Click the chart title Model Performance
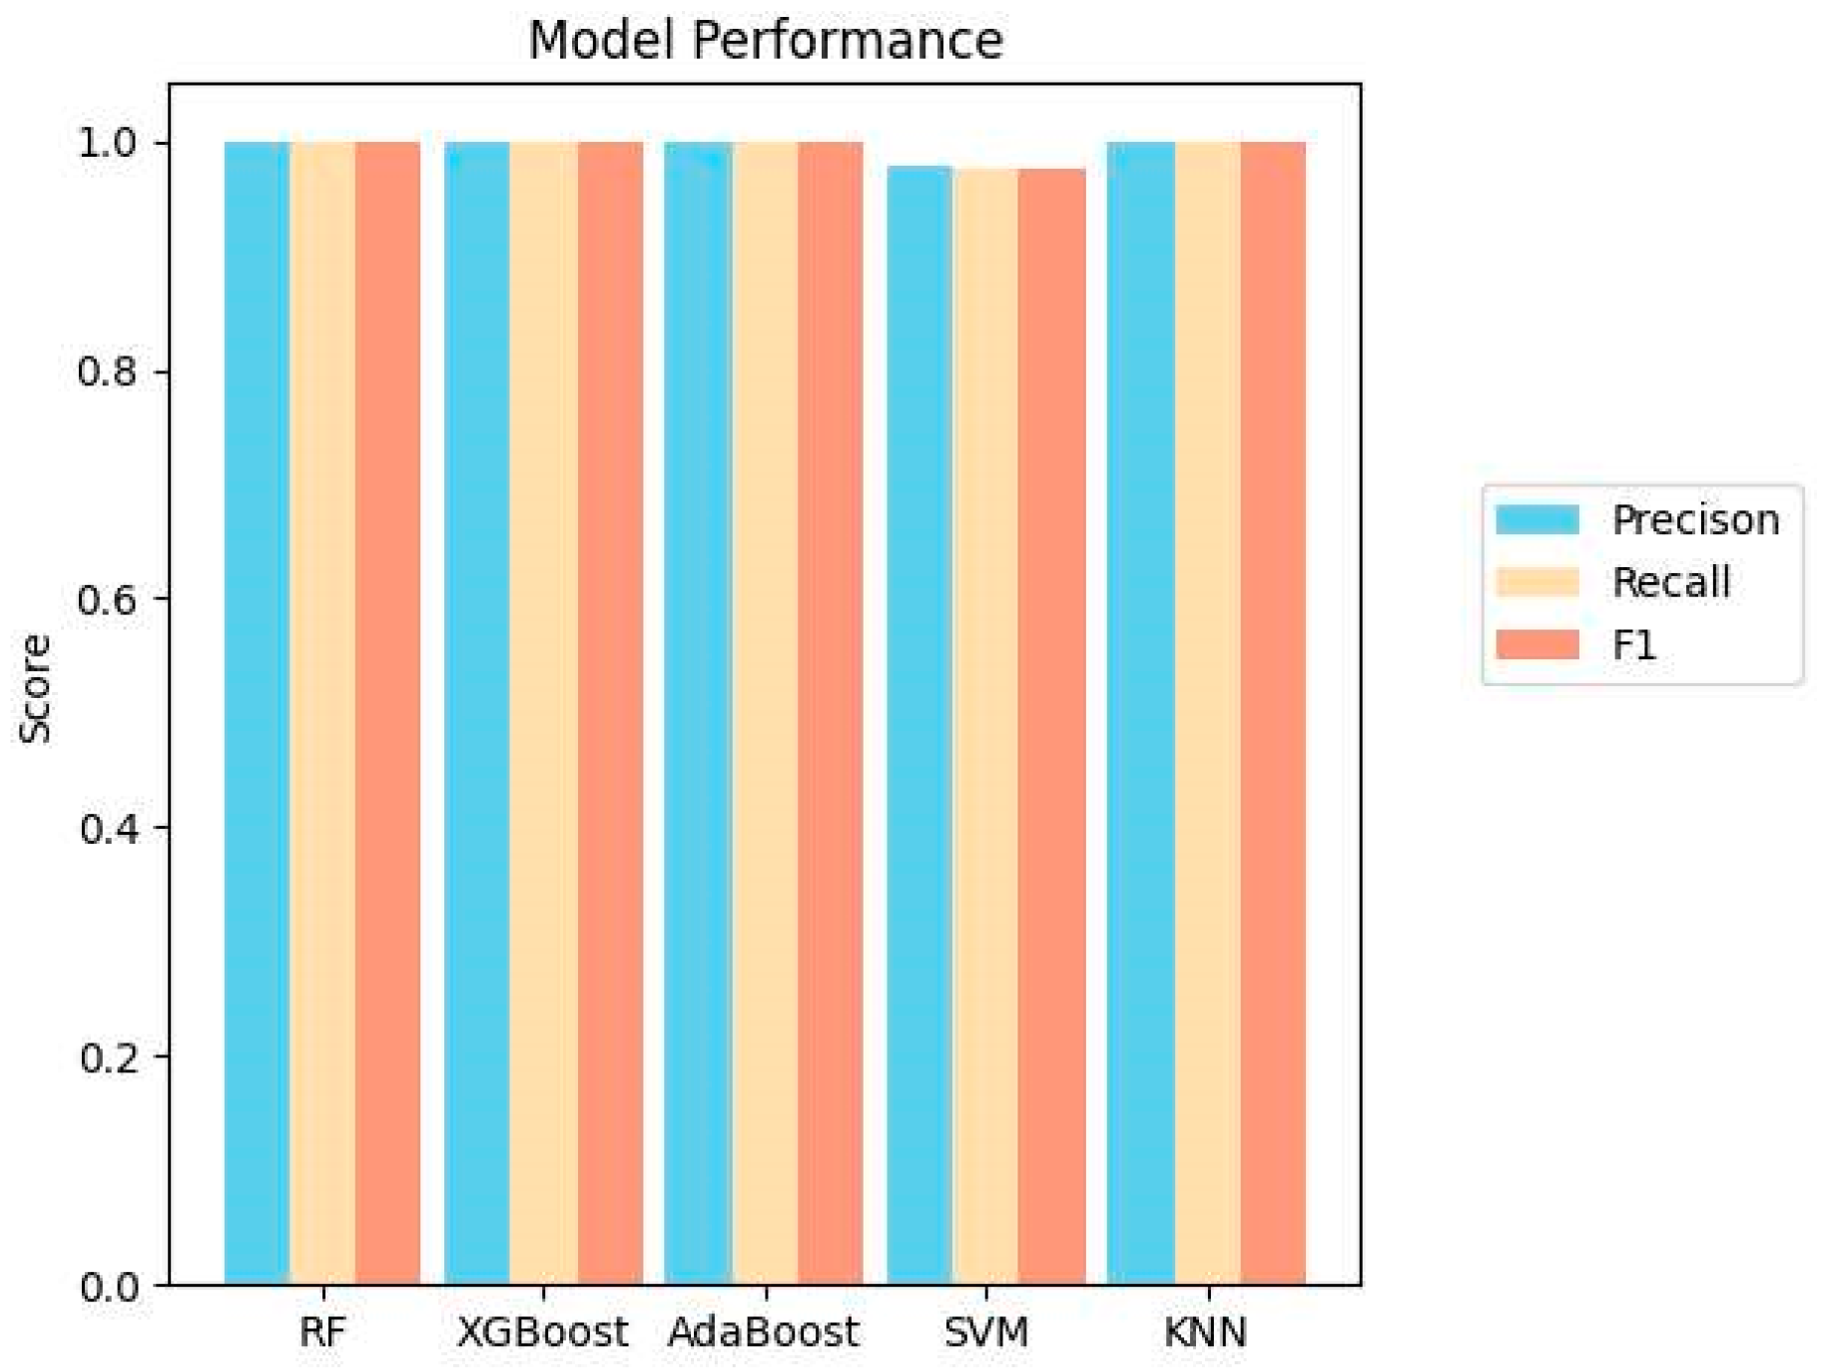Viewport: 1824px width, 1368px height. tap(765, 41)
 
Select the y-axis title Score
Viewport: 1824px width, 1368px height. tap(36, 689)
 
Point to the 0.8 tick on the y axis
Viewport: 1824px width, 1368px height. tap(107, 371)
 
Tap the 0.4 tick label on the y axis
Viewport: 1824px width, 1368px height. tap(107, 828)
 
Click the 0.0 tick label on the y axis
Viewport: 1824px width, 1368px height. tap(107, 1286)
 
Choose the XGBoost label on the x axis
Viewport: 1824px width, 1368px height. tap(542, 1332)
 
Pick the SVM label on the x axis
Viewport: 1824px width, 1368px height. tap(985, 1332)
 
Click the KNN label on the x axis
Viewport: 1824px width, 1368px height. tap(1206, 1332)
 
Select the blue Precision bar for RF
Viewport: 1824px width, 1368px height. tap(257, 713)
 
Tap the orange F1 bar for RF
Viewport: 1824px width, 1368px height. tap(387, 713)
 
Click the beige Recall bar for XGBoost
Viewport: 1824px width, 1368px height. tap(543, 713)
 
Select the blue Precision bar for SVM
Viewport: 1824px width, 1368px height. tap(919, 725)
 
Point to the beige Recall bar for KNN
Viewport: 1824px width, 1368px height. tap(1207, 713)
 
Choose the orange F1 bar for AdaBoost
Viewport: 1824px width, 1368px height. tap(830, 713)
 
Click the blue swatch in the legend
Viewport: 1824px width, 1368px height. tap(1536, 520)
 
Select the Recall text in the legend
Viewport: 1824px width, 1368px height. tap(1671, 582)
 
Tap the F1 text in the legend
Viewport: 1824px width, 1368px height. tap(1634, 645)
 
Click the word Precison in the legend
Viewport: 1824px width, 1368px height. tap(1695, 520)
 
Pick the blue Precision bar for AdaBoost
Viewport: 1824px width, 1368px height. tap(698, 713)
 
